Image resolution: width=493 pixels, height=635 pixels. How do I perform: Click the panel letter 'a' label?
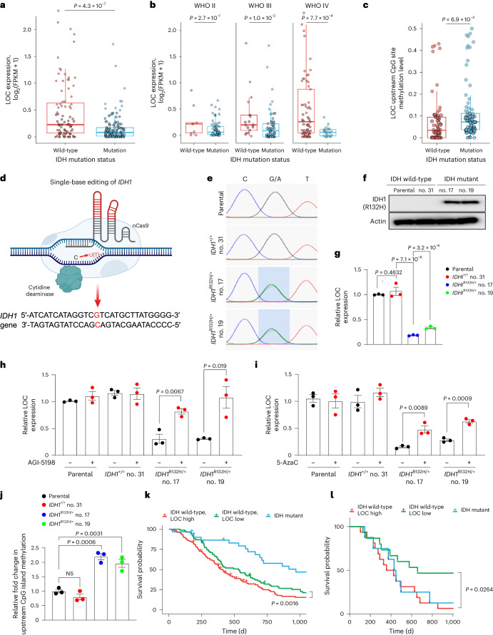pos(6,5)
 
